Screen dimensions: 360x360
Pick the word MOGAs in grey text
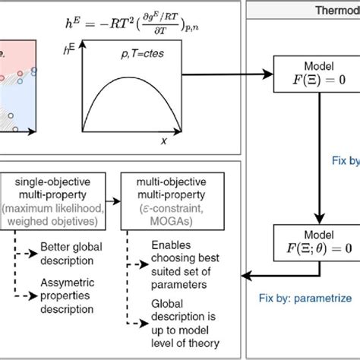click(x=163, y=220)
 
